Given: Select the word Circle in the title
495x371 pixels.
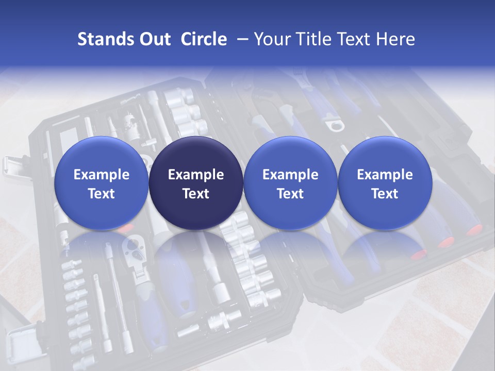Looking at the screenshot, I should tap(204, 39).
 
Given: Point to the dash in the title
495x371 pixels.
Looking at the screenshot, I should tap(241, 40).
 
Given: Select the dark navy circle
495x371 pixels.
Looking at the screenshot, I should tap(195, 183).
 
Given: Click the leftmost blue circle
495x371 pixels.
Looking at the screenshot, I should tap(101, 183).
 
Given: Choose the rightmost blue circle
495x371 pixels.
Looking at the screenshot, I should tap(385, 183).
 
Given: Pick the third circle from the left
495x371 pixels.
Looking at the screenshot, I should tap(290, 183).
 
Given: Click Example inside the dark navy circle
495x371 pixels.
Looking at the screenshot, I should tap(195, 175).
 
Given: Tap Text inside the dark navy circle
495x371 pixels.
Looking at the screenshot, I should tap(195, 194).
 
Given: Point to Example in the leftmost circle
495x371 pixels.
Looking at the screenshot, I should tap(101, 175).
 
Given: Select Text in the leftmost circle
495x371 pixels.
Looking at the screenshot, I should tap(101, 194).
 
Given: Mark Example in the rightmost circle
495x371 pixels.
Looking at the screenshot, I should tap(385, 175).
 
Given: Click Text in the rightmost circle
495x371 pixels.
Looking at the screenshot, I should tap(385, 194).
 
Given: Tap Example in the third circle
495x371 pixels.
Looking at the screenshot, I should tap(290, 175).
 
